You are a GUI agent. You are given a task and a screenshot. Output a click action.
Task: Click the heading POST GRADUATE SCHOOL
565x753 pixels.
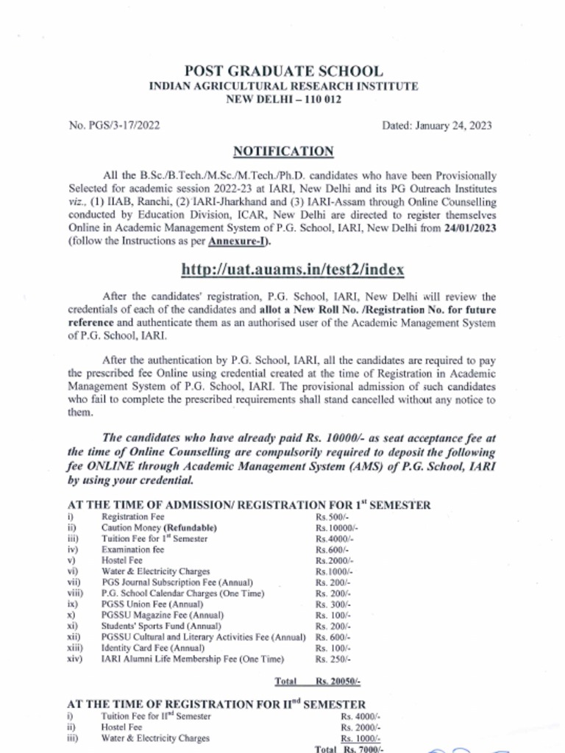pyautogui.click(x=283, y=71)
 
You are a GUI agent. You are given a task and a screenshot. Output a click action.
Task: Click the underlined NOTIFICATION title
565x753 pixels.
pyautogui.click(x=283, y=151)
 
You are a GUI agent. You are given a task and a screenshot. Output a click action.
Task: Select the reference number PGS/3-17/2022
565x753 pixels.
pyautogui.click(x=114, y=125)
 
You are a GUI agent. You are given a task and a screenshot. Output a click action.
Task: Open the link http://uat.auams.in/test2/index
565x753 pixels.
pyautogui.click(x=292, y=269)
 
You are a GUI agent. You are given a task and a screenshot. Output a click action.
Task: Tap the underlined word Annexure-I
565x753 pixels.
pyautogui.click(x=238, y=241)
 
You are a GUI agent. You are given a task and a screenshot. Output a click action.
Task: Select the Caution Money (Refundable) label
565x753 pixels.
pyautogui.click(x=159, y=528)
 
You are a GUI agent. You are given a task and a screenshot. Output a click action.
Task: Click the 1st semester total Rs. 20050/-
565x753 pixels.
pyautogui.click(x=338, y=682)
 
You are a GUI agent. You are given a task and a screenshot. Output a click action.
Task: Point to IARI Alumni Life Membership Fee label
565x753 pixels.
pyautogui.click(x=192, y=659)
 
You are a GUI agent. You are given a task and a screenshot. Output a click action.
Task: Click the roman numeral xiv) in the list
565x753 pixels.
pyautogui.click(x=74, y=659)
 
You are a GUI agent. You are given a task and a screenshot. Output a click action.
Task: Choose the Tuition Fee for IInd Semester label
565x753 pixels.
pyautogui.click(x=156, y=715)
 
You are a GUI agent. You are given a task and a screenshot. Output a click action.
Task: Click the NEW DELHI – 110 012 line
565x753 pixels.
pyautogui.click(x=283, y=99)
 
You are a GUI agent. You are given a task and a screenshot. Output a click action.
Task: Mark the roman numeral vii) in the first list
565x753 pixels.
pyautogui.click(x=73, y=582)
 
